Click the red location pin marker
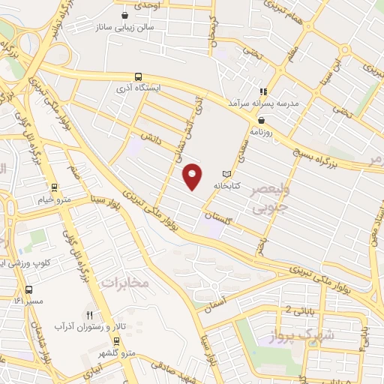[x=192, y=177]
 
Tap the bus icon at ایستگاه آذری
[x=138, y=76]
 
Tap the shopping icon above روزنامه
[x=260, y=118]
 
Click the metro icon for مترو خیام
[x=53, y=188]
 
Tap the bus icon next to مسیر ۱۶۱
[x=28, y=289]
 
